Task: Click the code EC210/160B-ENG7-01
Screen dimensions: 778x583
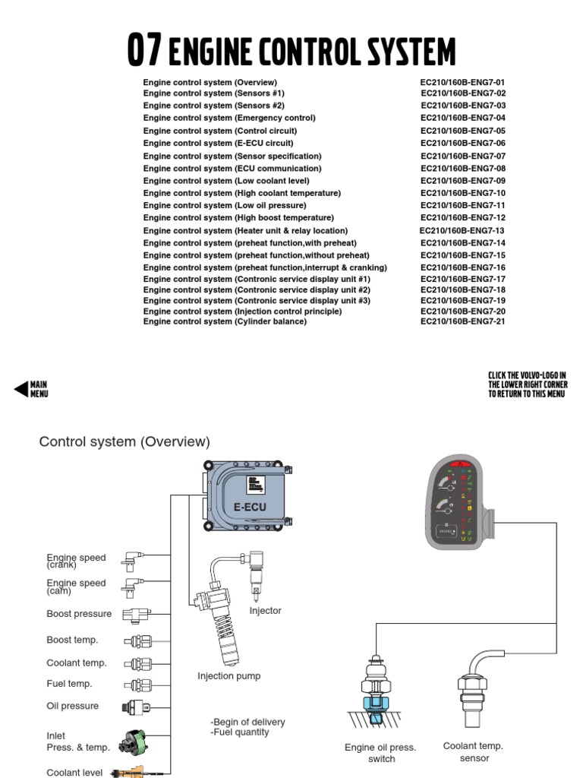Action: (x=462, y=82)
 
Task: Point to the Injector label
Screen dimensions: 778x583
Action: (x=265, y=611)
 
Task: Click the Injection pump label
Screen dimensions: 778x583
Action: (x=228, y=676)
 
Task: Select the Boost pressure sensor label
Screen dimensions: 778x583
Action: (x=79, y=614)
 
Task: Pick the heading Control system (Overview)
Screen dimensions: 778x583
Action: (x=124, y=441)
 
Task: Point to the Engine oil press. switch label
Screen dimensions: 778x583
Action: (x=380, y=753)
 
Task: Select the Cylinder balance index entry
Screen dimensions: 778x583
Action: (x=225, y=321)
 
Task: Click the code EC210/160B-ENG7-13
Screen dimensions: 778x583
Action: (x=462, y=230)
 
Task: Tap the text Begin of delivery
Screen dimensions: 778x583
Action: (x=247, y=722)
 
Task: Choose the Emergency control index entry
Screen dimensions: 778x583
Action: (x=229, y=118)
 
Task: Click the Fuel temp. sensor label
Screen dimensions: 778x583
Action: (x=69, y=684)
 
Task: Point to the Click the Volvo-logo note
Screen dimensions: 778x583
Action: (x=528, y=384)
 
